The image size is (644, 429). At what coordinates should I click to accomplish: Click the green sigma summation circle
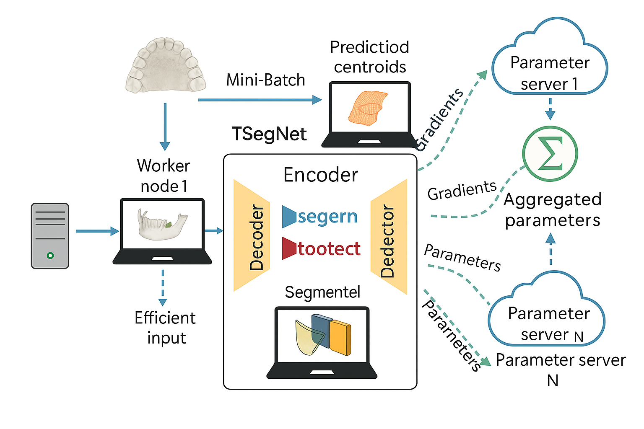(550, 153)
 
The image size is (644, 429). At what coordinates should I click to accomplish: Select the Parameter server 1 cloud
(549, 63)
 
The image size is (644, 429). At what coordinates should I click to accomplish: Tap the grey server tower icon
(50, 235)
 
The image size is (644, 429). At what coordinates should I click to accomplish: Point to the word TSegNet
(269, 134)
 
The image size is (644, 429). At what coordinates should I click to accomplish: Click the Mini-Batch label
(265, 80)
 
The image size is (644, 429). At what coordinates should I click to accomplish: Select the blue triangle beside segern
(288, 216)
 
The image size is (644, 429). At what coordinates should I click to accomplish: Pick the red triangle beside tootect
(288, 248)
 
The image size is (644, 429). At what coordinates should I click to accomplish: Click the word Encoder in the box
(321, 175)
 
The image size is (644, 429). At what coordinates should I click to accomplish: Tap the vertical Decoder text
(256, 237)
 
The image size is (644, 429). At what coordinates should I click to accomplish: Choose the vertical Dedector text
(387, 241)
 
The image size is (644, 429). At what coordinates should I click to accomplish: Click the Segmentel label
(322, 292)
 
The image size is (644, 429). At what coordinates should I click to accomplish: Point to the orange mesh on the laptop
(366, 106)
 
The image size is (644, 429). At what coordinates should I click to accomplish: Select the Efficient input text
(165, 328)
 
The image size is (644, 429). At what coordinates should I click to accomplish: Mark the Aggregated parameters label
(552, 209)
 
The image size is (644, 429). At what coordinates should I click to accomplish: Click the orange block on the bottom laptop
(340, 337)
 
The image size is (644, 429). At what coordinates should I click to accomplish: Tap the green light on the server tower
(50, 256)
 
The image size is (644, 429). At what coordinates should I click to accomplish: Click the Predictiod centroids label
(369, 57)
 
